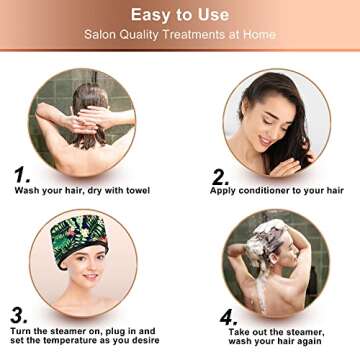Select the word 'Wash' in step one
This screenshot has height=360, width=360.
click(27, 191)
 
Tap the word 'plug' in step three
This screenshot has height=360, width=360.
click(110, 330)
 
